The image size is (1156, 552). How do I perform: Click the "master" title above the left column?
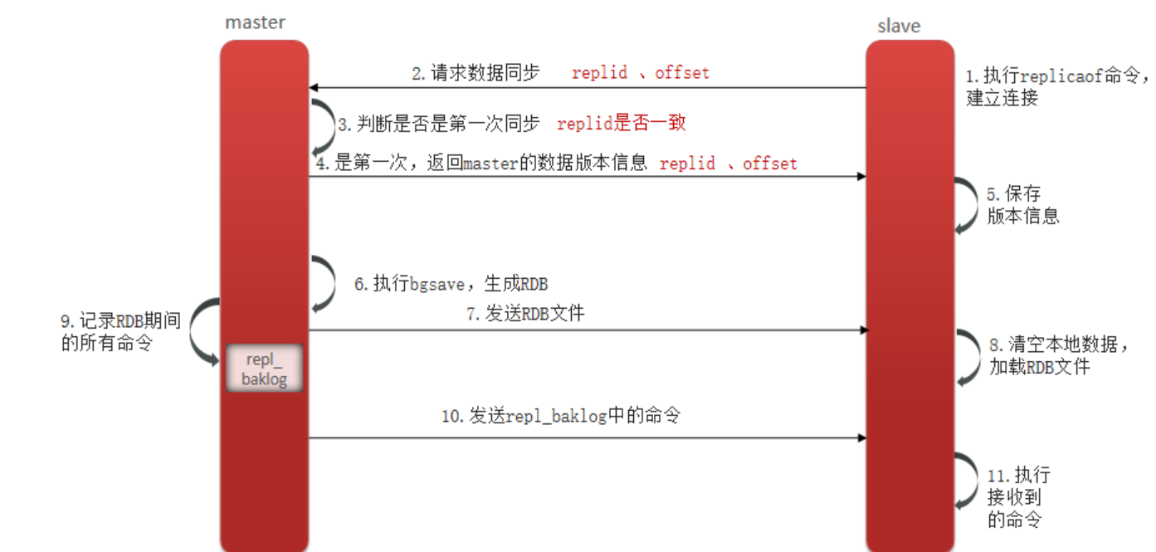pyautogui.click(x=255, y=22)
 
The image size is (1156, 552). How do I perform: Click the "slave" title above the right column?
pyautogui.click(x=899, y=26)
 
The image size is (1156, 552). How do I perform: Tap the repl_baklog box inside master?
pyautogui.click(x=264, y=369)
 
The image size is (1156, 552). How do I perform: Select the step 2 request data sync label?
pyautogui.click(x=476, y=73)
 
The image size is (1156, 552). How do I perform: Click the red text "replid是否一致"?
pyautogui.click(x=622, y=124)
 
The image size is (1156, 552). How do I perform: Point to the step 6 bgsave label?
pyautogui.click(x=451, y=284)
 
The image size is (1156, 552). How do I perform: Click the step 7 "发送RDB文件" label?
pyautogui.click(x=525, y=314)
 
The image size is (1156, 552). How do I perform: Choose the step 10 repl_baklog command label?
pyautogui.click(x=561, y=416)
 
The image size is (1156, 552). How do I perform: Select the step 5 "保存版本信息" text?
pyautogui.click(x=1022, y=205)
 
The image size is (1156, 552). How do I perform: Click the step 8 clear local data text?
pyautogui.click(x=1058, y=355)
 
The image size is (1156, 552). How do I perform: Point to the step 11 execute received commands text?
pyautogui.click(x=1018, y=497)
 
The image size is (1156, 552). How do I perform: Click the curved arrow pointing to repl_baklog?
pyautogui.click(x=204, y=332)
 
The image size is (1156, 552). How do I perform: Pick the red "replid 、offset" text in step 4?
pyautogui.click(x=728, y=164)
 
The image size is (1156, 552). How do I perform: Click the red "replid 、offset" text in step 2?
pyautogui.click(x=641, y=73)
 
